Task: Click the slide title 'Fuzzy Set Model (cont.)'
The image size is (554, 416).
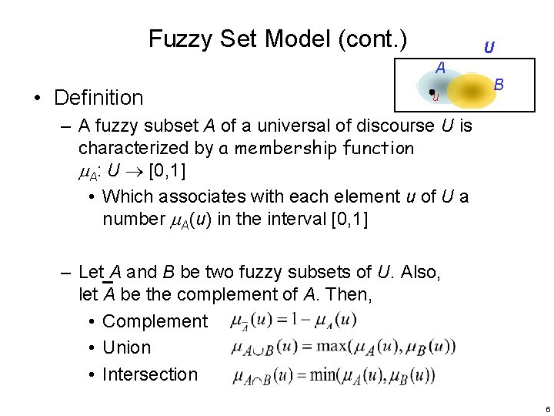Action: (278, 38)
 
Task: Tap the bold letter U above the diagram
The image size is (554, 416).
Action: (489, 48)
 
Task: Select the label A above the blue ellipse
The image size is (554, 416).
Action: (440, 68)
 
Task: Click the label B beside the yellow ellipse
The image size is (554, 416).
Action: (499, 82)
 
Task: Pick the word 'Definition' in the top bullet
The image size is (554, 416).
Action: (98, 98)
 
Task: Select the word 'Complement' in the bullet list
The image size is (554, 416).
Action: (155, 321)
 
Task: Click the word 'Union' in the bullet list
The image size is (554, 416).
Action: (126, 347)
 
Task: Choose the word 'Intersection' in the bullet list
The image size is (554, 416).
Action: (150, 374)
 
